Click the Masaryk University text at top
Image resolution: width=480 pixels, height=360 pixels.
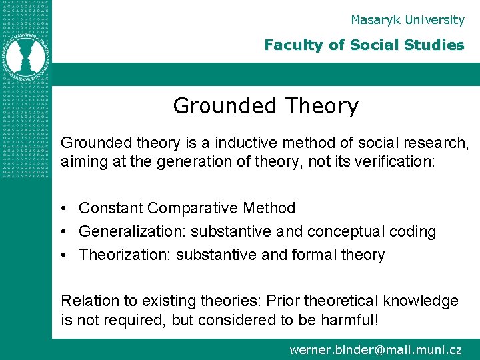click(407, 20)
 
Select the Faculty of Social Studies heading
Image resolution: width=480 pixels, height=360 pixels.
click(363, 45)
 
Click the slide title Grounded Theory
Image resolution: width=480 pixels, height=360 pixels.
click(265, 106)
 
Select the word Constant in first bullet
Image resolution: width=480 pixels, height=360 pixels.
click(111, 208)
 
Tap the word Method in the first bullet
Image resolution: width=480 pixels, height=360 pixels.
click(269, 208)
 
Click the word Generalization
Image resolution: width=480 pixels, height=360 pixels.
click(132, 232)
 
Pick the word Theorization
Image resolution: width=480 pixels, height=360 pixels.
click(125, 255)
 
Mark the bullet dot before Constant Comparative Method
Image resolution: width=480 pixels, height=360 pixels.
click(65, 209)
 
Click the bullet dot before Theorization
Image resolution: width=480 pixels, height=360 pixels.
click(65, 255)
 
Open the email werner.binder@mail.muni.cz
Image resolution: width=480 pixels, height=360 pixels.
click(375, 349)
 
